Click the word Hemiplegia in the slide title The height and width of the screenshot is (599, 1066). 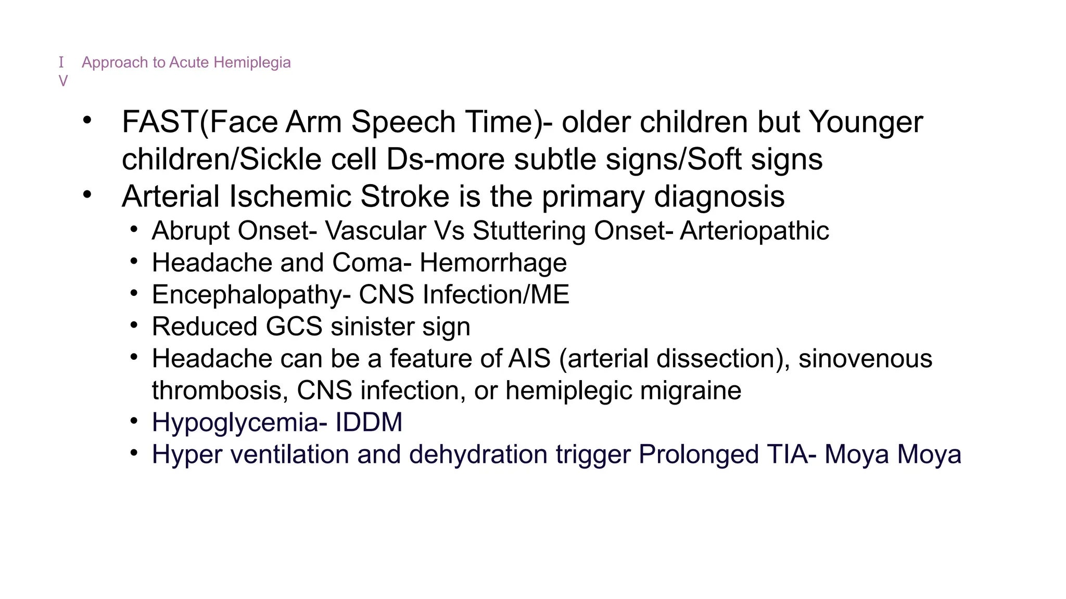[252, 62]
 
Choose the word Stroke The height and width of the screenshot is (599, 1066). [404, 197]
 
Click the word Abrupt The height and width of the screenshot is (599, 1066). [191, 231]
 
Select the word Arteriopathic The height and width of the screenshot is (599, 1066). [754, 231]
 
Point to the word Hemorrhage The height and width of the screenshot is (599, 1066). [493, 263]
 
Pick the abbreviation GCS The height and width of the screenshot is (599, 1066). [294, 327]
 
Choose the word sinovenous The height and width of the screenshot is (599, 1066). [865, 359]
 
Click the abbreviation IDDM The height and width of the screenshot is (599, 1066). [369, 422]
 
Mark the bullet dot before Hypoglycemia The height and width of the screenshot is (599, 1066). [134, 421]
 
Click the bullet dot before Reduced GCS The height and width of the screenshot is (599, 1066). [134, 325]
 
